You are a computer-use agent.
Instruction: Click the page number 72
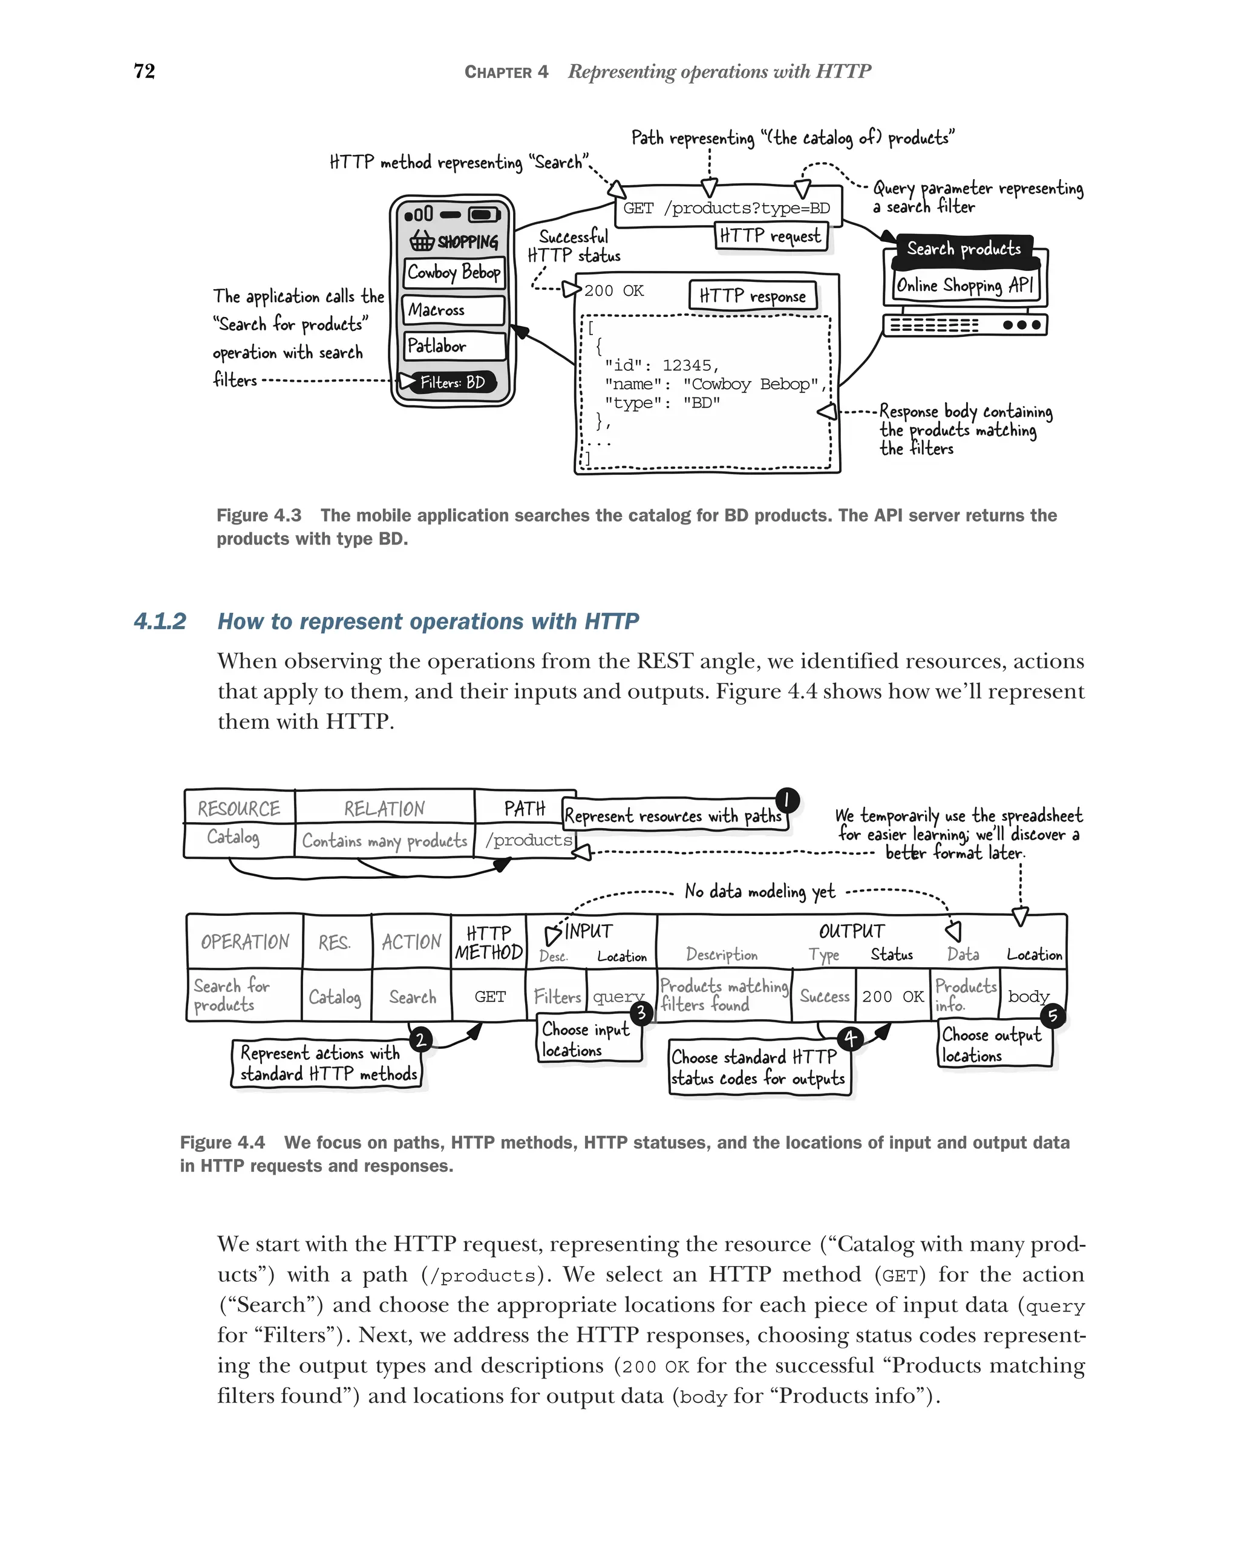144,71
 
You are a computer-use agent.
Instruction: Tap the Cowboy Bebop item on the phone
453,272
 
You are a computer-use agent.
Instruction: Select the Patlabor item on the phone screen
453,346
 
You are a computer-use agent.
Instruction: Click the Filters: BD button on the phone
453,382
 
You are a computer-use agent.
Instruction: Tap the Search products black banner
964,249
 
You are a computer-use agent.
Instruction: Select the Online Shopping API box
964,286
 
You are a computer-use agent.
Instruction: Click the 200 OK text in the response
613,290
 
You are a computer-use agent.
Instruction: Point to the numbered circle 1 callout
787,800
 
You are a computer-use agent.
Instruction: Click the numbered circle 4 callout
851,1039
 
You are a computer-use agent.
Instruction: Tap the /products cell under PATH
528,840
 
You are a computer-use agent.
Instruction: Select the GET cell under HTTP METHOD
489,997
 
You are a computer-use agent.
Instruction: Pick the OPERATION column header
244,942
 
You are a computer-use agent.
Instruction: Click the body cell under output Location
1028,996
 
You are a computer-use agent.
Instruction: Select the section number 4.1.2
160,621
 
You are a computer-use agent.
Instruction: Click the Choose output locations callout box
993,1045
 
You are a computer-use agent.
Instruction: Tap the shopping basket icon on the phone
422,240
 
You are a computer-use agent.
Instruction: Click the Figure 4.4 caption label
222,1143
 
